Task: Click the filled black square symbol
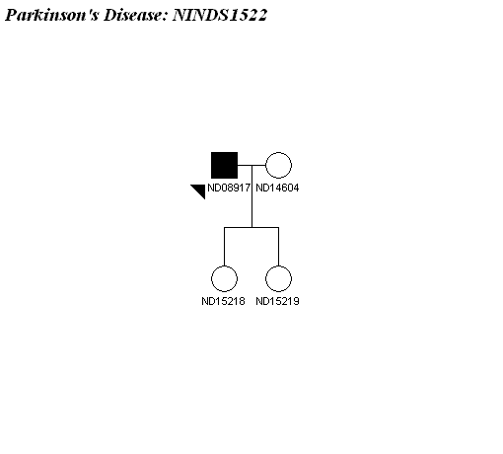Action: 224,165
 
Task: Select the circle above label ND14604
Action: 278,152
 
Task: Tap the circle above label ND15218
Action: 224,266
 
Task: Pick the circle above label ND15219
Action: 278,266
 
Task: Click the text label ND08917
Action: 229,188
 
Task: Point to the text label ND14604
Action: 277,188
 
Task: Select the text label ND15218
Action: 223,301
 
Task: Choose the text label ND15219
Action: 277,301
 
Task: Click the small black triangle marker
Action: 200,189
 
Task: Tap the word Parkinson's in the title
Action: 52,15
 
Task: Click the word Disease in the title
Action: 132,15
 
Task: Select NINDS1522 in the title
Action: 220,15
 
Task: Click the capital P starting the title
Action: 12,15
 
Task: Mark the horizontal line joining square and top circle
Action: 251,165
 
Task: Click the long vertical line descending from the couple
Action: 251,196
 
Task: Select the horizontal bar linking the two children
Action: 251,227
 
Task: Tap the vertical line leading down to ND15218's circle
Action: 224,247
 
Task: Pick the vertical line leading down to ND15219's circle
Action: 278,247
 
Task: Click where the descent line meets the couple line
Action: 251,165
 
